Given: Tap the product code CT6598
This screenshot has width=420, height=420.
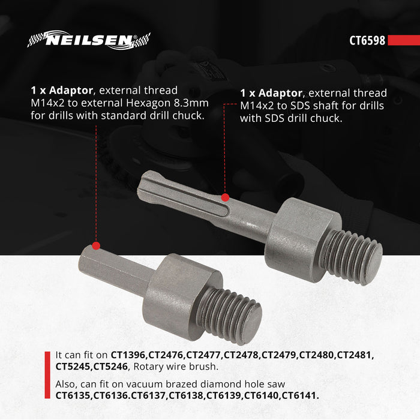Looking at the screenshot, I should (x=367, y=41).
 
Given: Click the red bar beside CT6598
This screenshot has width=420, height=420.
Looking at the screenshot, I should (x=403, y=41).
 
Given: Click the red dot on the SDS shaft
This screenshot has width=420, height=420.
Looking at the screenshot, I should (x=225, y=197).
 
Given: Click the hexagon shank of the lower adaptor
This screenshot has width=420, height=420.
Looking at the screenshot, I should (x=114, y=270).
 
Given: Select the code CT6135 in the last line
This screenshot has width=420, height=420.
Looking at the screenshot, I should (x=75, y=395).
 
